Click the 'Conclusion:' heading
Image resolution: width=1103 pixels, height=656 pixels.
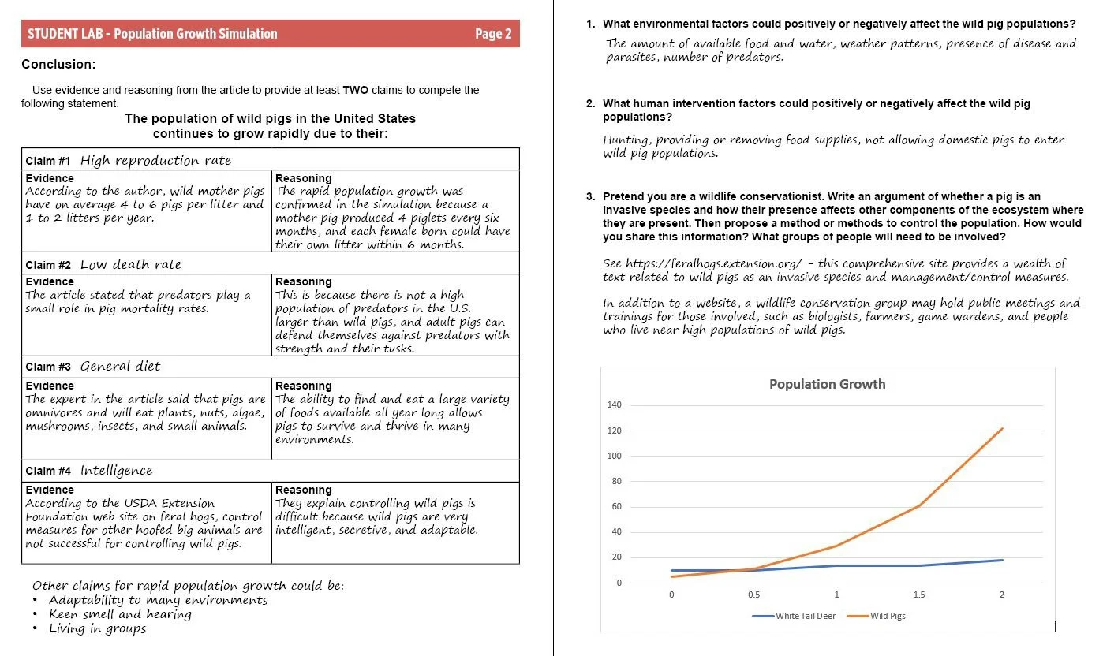pos(58,64)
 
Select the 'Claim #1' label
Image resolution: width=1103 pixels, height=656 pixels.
pos(48,161)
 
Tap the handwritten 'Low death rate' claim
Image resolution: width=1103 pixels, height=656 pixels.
pos(131,265)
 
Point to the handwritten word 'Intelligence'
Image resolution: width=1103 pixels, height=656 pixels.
pos(117,471)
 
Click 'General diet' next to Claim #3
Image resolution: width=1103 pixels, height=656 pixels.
pos(121,367)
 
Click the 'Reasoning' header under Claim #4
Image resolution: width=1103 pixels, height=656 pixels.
pos(304,490)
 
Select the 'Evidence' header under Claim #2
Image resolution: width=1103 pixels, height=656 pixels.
pos(50,281)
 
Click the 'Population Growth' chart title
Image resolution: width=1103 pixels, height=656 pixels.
pos(827,384)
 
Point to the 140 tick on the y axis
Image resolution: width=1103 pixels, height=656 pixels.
pos(615,405)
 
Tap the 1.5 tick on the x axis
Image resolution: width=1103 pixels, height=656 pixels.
pos(919,594)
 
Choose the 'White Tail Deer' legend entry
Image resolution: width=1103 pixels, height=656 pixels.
pos(805,616)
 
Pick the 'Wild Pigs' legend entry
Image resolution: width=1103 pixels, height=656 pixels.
pos(888,616)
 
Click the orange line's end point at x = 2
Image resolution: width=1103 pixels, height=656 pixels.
pos(1002,428)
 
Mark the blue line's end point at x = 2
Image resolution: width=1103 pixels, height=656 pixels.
pos(1002,560)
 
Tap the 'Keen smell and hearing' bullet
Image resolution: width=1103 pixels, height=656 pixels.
pos(120,614)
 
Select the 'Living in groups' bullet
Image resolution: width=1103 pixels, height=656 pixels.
pos(97,628)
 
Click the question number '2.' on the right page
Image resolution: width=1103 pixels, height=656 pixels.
pos(591,103)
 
